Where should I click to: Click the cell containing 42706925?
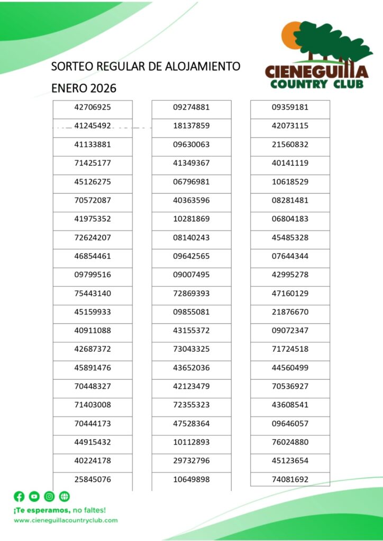coord(93,107)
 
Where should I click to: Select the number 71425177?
coord(93,163)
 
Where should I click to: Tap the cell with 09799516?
coord(93,275)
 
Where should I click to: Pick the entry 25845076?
coord(93,480)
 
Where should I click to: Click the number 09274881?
coord(191,107)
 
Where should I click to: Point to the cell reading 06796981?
coord(191,182)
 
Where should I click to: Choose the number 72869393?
coord(191,293)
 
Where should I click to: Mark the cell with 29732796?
coord(191,461)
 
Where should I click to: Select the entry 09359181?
coord(290,107)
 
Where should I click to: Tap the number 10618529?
coord(290,182)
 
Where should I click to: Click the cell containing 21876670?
coord(290,312)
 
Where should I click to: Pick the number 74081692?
coord(290,480)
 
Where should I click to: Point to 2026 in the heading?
coord(103,88)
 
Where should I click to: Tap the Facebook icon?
coord(19,497)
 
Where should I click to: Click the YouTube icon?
coord(34,497)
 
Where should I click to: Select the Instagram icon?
coord(49,497)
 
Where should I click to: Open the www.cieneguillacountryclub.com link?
coord(66,520)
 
